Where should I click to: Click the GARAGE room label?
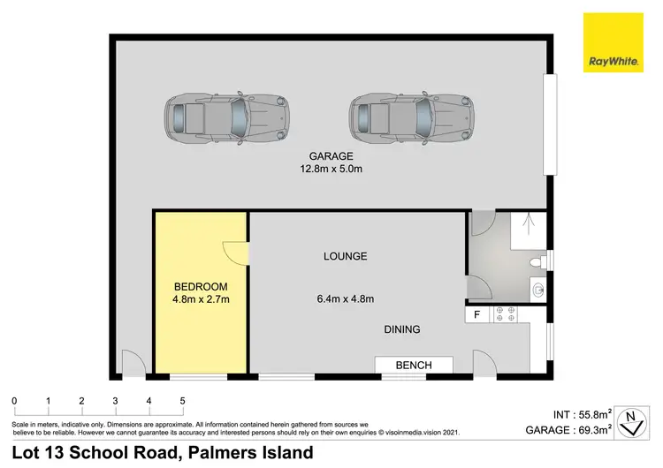point(331,157)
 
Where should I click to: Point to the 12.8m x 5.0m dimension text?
point(331,170)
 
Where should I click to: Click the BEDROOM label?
point(201,287)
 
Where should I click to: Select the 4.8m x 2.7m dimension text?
point(201,300)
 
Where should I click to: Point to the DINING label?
point(401,329)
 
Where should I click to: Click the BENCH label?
point(414,365)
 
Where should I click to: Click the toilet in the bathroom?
point(536,261)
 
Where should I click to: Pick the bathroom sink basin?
point(538,288)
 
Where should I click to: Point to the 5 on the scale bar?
point(182,401)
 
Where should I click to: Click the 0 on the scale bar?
point(14,401)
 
